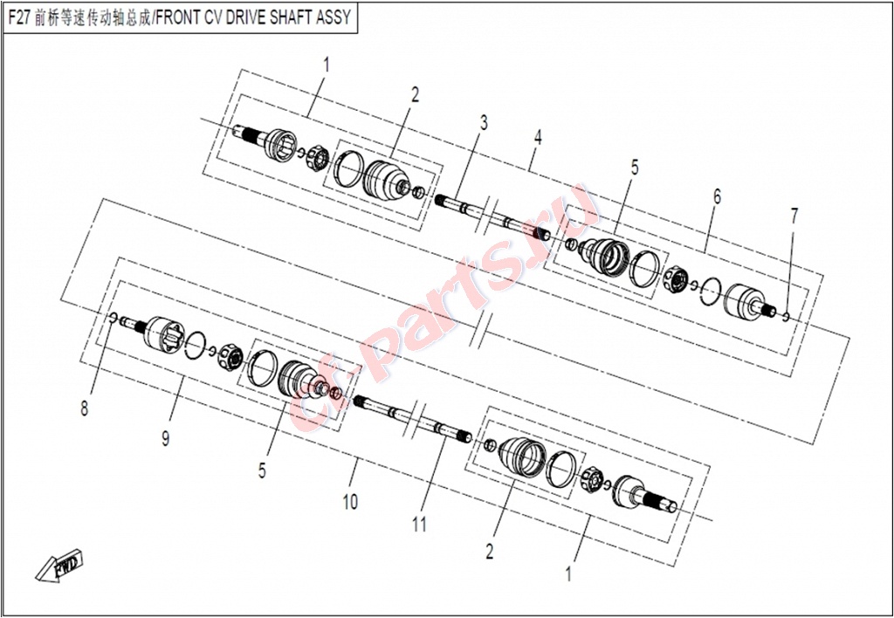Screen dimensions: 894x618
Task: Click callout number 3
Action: click(x=484, y=122)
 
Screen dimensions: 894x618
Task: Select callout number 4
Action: click(x=538, y=137)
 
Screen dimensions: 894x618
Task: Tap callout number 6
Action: click(x=718, y=196)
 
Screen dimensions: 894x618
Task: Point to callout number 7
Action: click(x=794, y=216)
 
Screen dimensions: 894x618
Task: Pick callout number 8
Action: click(x=85, y=409)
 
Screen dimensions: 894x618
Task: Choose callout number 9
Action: click(x=165, y=438)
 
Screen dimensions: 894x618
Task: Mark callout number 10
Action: click(x=350, y=502)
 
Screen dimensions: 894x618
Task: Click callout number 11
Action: click(x=420, y=525)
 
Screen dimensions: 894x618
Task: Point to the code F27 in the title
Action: click(x=20, y=17)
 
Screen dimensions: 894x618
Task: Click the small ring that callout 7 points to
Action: click(x=787, y=315)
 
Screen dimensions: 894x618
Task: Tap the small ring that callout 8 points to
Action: click(x=113, y=317)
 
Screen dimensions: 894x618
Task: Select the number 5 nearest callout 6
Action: click(x=635, y=168)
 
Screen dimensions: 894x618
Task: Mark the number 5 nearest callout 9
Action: click(x=262, y=470)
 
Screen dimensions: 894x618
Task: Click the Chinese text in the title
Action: click(x=93, y=17)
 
